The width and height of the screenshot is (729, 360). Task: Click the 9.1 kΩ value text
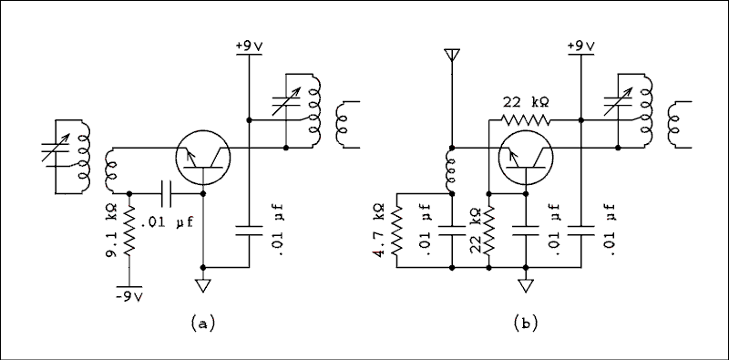click(x=110, y=230)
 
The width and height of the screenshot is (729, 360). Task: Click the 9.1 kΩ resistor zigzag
click(x=129, y=230)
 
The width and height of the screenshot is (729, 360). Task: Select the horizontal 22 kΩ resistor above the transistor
click(x=526, y=118)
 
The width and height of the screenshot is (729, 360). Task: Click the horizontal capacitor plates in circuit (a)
click(x=166, y=193)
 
